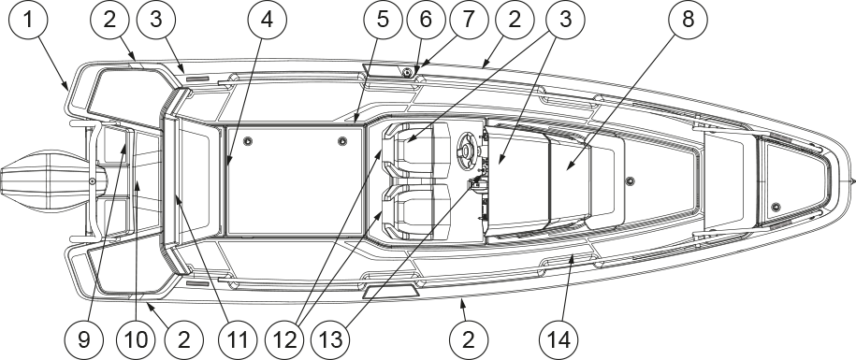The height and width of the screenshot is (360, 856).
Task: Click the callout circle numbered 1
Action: (x=28, y=21)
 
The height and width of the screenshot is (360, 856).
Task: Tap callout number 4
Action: (x=267, y=21)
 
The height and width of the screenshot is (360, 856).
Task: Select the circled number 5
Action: (x=384, y=21)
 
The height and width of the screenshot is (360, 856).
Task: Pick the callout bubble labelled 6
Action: (x=427, y=21)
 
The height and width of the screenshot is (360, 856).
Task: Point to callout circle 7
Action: (x=468, y=21)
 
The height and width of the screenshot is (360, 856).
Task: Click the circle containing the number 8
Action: (x=688, y=21)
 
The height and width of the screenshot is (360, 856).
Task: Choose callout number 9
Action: (x=83, y=339)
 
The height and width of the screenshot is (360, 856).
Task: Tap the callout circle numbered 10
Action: (x=136, y=339)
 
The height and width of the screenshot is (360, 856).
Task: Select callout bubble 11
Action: (x=238, y=339)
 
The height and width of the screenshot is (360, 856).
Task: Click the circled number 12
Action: (x=285, y=339)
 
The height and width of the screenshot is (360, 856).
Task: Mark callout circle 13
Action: (x=331, y=339)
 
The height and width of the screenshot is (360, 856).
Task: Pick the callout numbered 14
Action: (x=560, y=339)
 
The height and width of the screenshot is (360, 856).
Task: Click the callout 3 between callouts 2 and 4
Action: (x=156, y=21)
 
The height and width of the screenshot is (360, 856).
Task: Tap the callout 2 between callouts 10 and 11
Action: (x=184, y=339)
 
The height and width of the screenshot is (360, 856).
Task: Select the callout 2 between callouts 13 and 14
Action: (x=469, y=339)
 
